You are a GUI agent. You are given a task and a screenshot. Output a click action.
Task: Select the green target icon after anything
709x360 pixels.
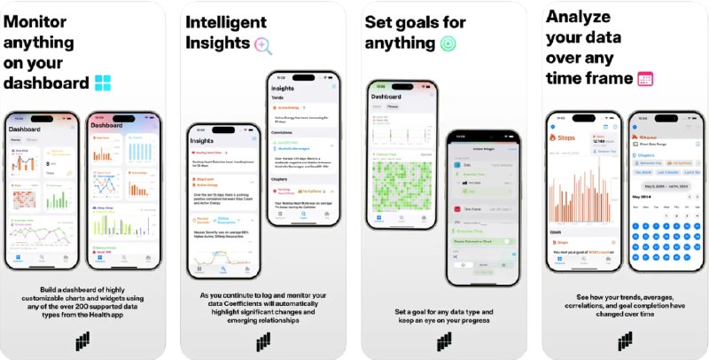point(448,43)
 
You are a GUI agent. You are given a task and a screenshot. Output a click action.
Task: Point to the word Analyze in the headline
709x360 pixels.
point(580,16)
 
